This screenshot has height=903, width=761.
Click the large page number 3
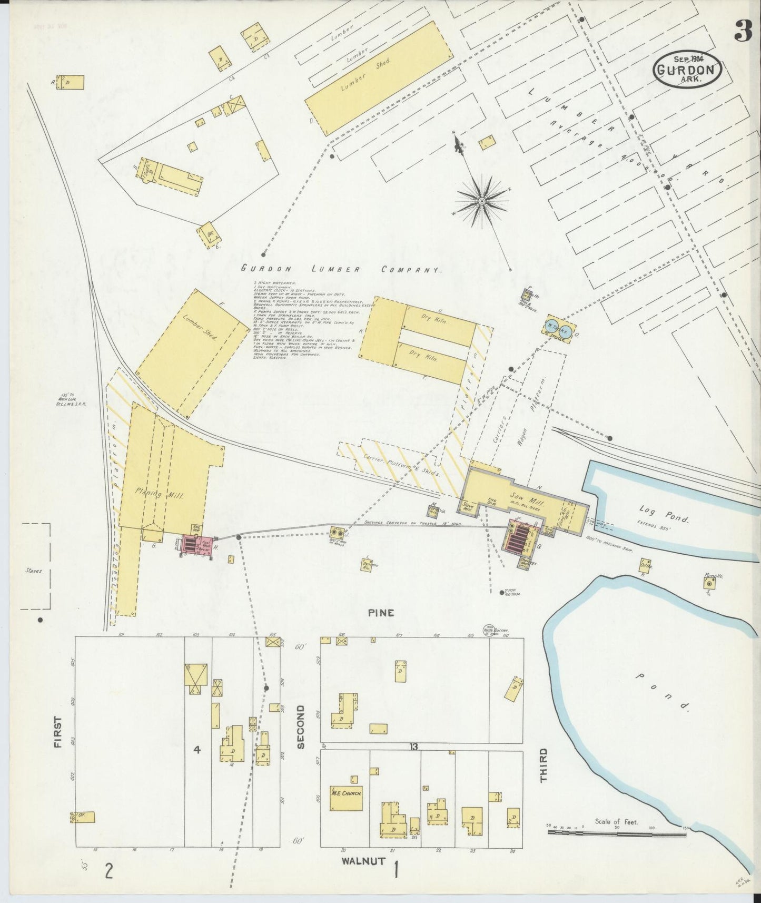point(744,33)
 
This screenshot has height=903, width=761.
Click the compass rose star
point(482,201)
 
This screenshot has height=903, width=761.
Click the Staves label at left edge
point(33,570)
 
